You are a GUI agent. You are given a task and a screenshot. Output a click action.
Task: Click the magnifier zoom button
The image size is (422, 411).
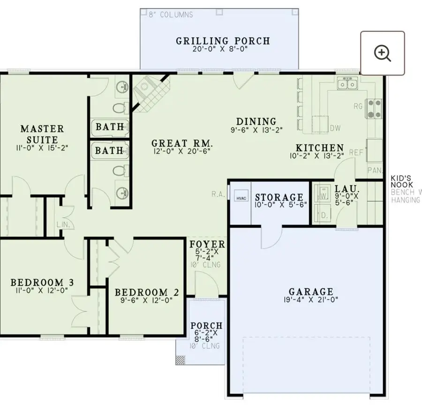coord(382,53)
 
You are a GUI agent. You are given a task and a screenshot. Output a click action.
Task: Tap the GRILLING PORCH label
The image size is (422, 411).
coord(223,41)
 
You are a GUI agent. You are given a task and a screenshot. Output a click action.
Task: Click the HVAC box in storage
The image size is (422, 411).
coord(241,198)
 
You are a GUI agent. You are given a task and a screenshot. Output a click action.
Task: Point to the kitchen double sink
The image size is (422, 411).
coord(348,84)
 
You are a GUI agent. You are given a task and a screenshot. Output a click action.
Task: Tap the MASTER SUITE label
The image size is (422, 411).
coord(42,134)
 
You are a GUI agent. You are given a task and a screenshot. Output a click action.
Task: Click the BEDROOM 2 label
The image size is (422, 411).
coord(147,292)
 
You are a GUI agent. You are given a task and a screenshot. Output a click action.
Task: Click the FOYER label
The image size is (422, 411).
coord(207,245)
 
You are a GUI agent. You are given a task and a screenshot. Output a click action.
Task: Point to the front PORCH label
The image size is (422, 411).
coord(206,326)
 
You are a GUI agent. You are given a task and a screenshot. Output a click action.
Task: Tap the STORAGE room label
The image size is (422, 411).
coord(279,197)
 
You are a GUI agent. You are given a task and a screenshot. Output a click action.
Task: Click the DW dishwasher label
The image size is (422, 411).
coord(335,128)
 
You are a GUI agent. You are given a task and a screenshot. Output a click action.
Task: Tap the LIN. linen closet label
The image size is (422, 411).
coord(63,224)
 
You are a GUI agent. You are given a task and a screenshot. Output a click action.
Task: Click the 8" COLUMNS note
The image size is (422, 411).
coord(170,15)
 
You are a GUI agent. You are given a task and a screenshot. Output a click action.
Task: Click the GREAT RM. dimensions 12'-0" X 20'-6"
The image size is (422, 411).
coord(182,151)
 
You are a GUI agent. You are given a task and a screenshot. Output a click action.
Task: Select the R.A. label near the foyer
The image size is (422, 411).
coord(218,193)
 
